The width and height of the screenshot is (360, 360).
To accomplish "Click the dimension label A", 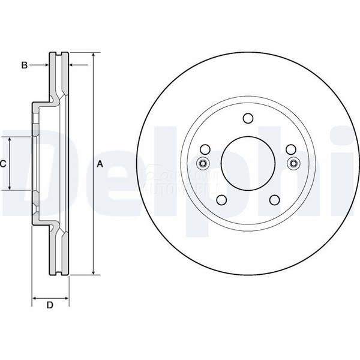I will pyautogui.click(x=101, y=164).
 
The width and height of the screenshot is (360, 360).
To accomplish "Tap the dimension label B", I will pyautogui.click(x=25, y=65).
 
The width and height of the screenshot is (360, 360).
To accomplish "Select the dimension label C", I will pyautogui.click(x=3, y=163).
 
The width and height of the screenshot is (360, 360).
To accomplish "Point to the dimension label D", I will pyautogui.click(x=50, y=305).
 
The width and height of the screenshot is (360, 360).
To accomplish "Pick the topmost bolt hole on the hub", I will pyautogui.click(x=248, y=119).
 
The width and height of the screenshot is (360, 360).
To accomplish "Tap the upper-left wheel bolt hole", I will pyautogui.click(x=205, y=149).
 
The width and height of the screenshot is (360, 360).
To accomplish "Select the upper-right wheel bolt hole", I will pyautogui.click(x=291, y=149).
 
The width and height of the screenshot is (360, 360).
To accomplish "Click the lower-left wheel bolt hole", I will pyautogui.click(x=221, y=200).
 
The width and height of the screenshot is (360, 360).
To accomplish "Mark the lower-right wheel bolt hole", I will pyautogui.click(x=275, y=200).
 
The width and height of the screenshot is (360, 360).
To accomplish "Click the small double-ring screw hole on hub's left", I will pyautogui.click(x=202, y=164).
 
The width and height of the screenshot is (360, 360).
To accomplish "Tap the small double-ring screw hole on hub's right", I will pyautogui.click(x=293, y=164).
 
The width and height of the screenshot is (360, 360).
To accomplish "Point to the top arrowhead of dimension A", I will pyautogui.click(x=93, y=56).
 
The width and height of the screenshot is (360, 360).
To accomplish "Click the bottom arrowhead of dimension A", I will pyautogui.click(x=93, y=272).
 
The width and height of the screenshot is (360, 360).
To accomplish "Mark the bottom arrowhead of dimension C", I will pyautogui.click(x=10, y=187).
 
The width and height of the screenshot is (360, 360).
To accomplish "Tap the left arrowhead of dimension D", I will pyautogui.click(x=35, y=297).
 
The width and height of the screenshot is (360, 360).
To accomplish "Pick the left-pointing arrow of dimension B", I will pyautogui.click(x=73, y=64).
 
